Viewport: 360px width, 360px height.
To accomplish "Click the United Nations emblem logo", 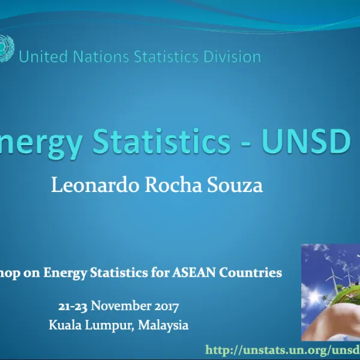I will pyautogui.click(x=7, y=47).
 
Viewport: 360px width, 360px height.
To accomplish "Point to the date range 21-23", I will pyautogui.click(x=73, y=307).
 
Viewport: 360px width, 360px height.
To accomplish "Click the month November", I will pyautogui.click(x=121, y=307).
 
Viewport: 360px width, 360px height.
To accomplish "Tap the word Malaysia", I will pyautogui.click(x=163, y=326).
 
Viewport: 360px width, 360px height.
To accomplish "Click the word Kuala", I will pyautogui.click(x=65, y=326).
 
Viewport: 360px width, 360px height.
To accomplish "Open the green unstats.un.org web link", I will pyautogui.click(x=282, y=350).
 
